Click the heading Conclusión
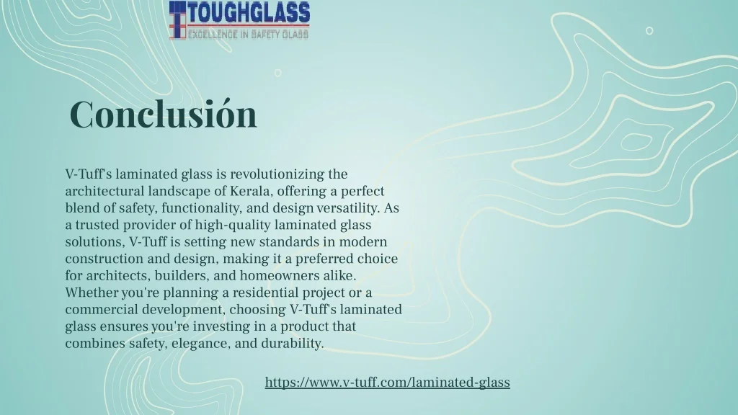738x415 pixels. click(164, 114)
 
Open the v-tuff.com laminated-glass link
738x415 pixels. click(387, 382)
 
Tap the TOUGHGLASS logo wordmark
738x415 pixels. click(249, 13)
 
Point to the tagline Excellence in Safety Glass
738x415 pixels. click(249, 34)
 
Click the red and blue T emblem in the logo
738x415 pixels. click(177, 19)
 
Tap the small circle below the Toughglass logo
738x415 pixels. click(277, 73)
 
